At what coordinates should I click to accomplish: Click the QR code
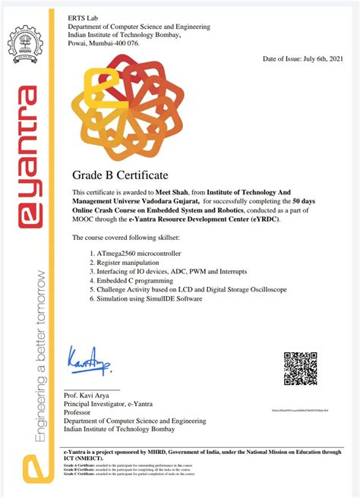(300, 368)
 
